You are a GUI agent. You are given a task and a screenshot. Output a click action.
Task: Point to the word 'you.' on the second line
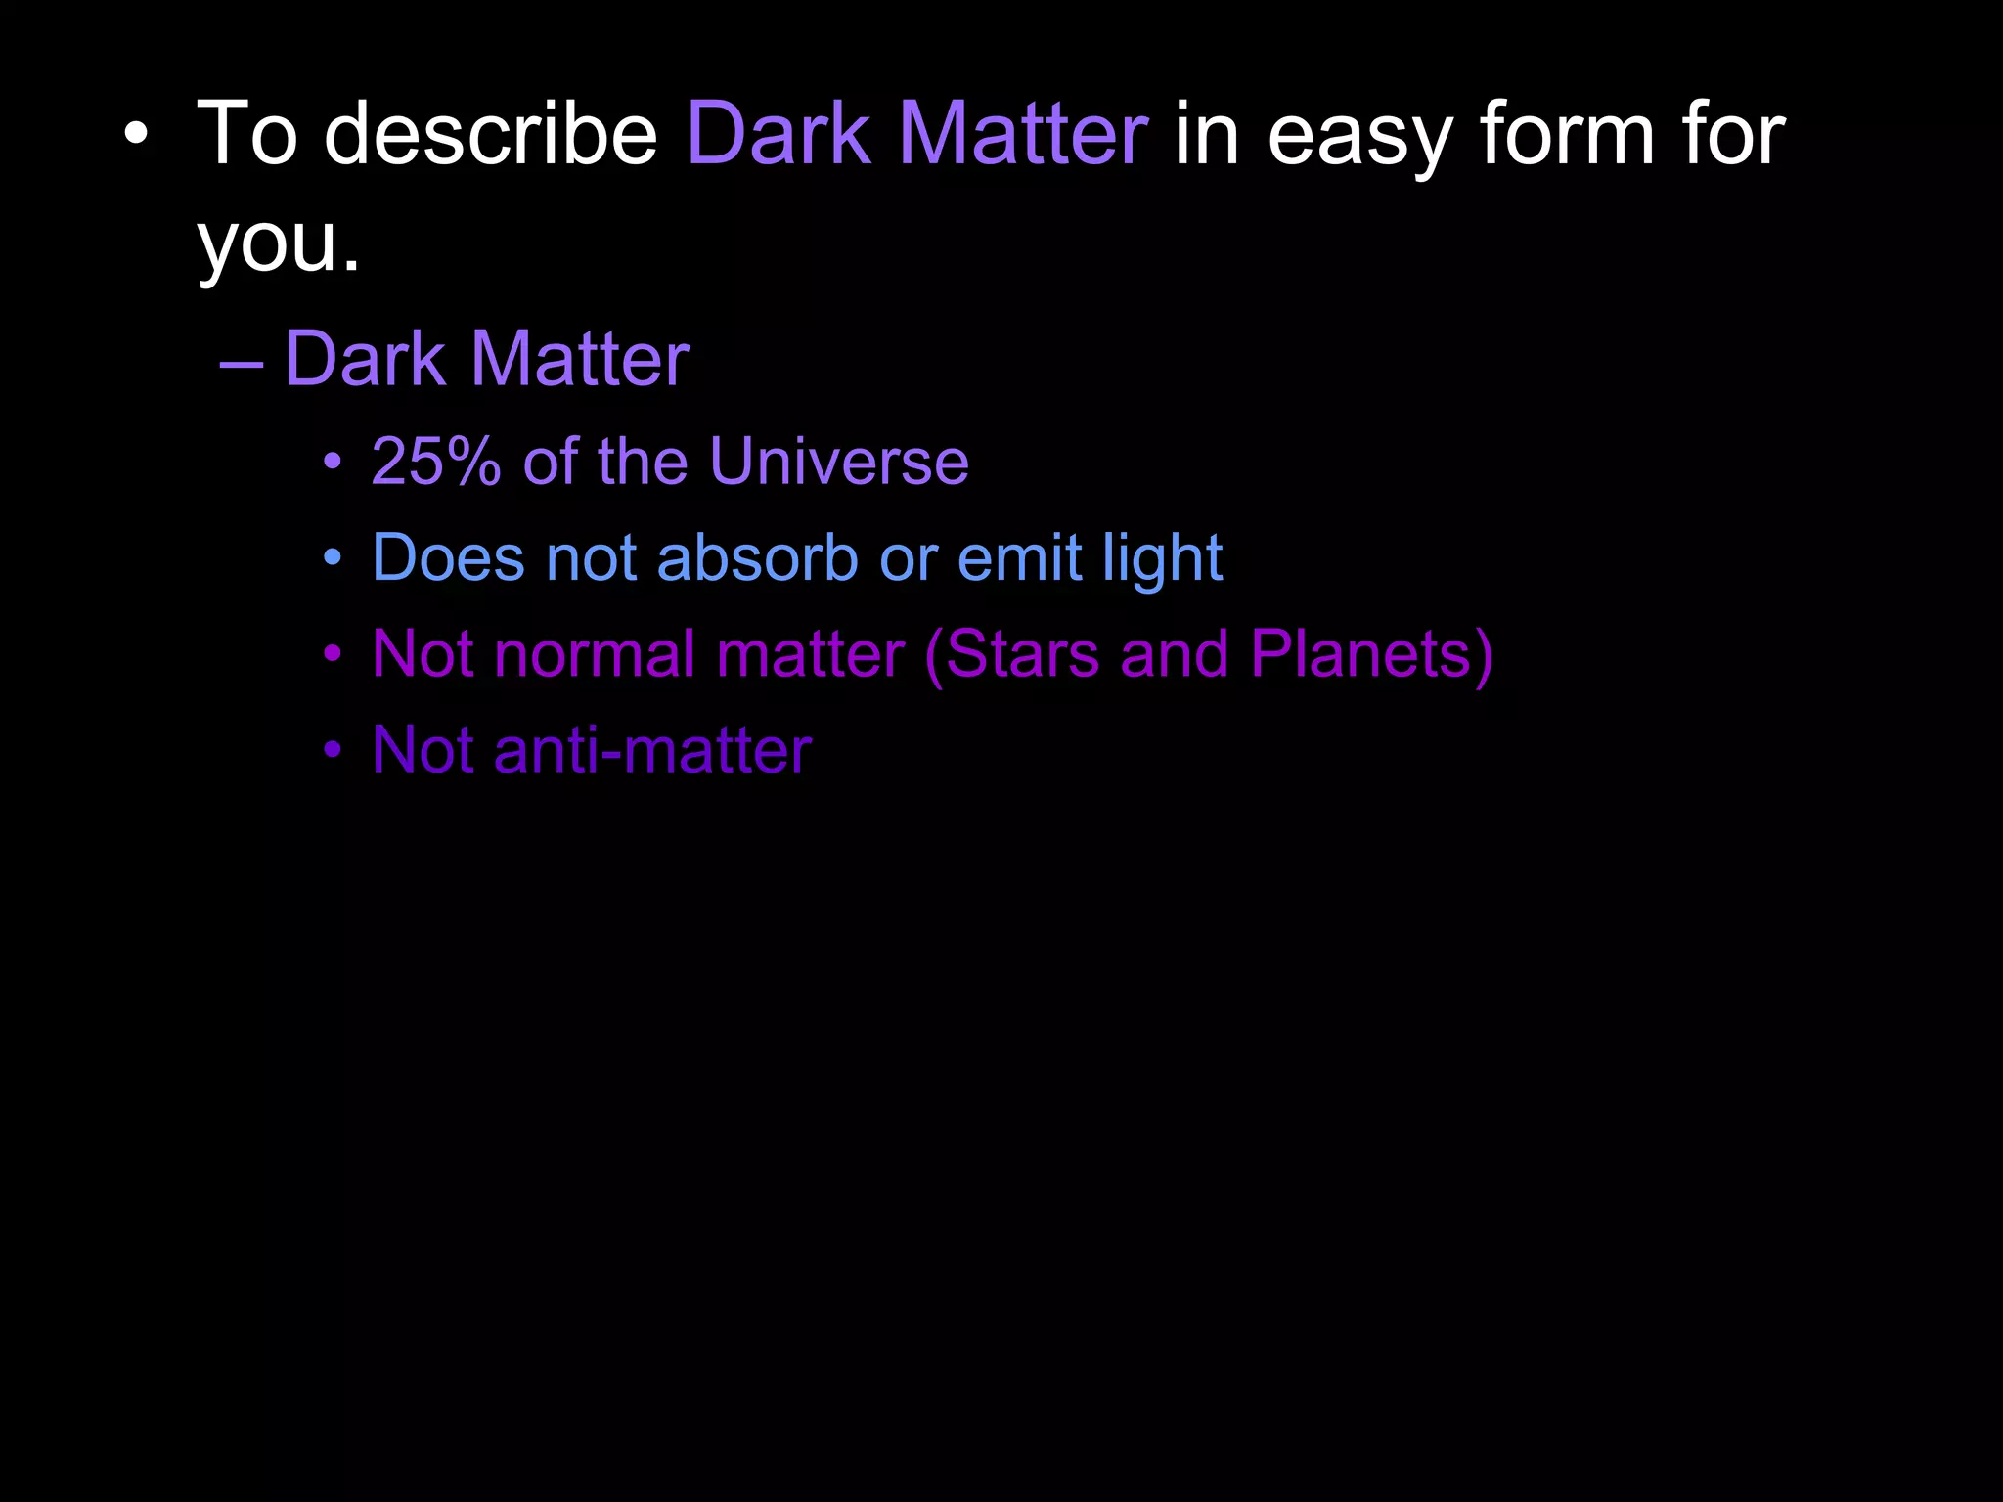(279, 244)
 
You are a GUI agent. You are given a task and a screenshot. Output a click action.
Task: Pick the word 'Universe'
(839, 461)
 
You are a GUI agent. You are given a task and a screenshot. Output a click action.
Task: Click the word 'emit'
(1020, 557)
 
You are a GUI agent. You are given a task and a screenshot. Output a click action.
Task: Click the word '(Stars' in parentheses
(1012, 655)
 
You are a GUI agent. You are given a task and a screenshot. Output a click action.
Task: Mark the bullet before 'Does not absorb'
(333, 558)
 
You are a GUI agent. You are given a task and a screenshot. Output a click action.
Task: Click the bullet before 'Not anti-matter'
(333, 750)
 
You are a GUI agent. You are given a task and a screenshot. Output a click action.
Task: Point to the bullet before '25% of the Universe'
(333, 462)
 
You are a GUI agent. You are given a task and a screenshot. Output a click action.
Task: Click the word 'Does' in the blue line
(449, 557)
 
